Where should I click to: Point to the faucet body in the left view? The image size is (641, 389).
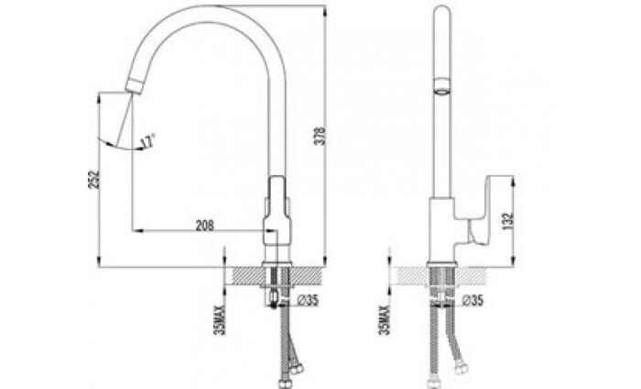tap(277, 220)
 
